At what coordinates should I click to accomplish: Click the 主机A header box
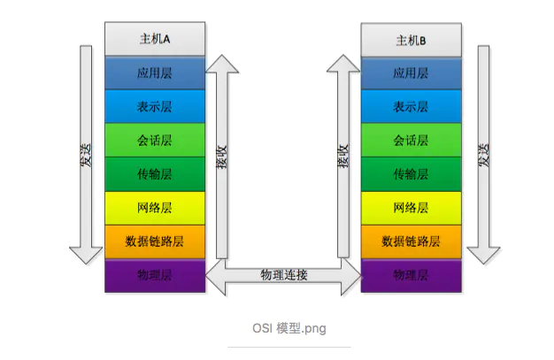(x=155, y=39)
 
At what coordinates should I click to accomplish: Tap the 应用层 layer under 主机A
(x=155, y=73)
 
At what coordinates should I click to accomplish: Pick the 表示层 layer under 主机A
(x=155, y=106)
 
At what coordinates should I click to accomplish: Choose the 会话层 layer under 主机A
(x=155, y=140)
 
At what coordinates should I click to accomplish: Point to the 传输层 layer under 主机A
(x=155, y=174)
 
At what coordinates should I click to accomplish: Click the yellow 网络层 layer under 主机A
(x=155, y=208)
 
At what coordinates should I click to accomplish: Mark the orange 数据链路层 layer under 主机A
(x=155, y=241)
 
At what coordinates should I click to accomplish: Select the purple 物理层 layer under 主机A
(x=155, y=275)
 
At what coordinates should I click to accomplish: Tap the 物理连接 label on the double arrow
(x=283, y=275)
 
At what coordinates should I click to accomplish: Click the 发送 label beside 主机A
(x=86, y=164)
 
